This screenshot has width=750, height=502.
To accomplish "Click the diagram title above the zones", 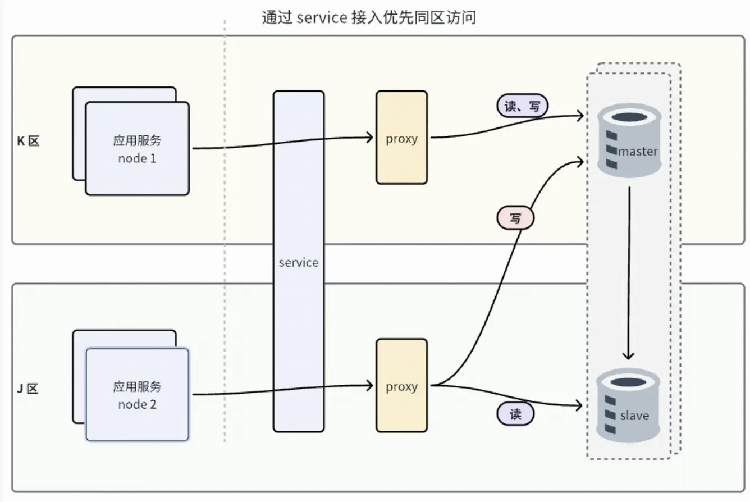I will click(369, 17).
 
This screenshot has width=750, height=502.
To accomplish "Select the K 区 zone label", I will click(28, 141).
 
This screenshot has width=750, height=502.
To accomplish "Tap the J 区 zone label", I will click(28, 388).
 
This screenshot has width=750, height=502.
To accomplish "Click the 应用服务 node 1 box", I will click(137, 149).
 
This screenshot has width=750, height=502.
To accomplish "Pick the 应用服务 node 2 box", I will click(137, 395).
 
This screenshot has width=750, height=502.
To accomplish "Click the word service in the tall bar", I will click(298, 262).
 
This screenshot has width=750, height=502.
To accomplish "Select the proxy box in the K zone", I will click(401, 138).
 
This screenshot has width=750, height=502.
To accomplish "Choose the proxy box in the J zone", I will click(401, 385).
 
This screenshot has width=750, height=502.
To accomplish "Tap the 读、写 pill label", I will click(522, 106).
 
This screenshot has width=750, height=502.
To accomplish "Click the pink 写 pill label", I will click(515, 218).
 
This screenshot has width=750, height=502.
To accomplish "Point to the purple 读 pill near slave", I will click(515, 414).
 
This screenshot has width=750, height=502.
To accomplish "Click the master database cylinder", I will click(628, 139).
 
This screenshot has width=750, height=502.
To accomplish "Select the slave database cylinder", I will click(628, 405).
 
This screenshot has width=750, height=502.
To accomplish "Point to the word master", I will click(638, 152).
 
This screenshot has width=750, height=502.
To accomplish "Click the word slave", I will click(634, 416).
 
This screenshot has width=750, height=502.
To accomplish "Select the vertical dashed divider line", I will click(225, 236).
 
